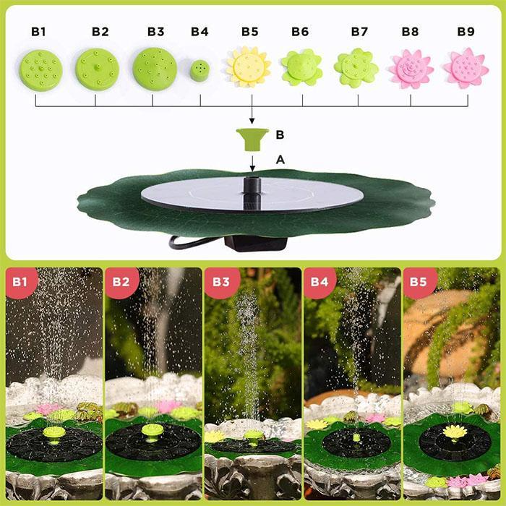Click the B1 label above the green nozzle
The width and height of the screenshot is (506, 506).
coord(38,32)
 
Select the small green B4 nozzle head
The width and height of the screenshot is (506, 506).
coord(200,70)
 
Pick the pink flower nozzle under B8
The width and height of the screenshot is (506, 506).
coord(411,69)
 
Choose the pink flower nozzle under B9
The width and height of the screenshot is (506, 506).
coord(466,68)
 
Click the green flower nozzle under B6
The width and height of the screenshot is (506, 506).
coord(301,68)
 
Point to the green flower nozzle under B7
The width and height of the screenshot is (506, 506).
coord(356,67)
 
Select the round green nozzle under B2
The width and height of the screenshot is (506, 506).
coord(95,69)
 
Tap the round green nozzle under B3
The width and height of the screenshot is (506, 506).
coord(154,69)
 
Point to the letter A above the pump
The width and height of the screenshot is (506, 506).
coord(280,158)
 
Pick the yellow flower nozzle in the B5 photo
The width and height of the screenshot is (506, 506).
coord(453,432)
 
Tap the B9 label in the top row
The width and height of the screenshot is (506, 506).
coord(466,32)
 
